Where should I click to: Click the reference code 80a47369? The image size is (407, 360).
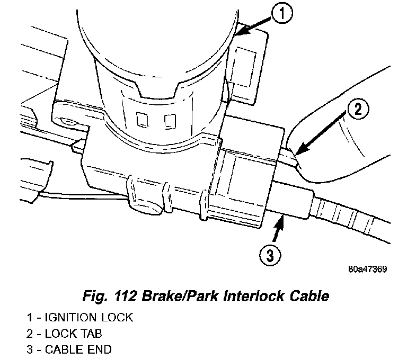(368, 268)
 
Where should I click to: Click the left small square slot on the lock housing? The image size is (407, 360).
(141, 120)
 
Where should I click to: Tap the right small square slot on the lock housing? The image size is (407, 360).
(169, 121)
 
